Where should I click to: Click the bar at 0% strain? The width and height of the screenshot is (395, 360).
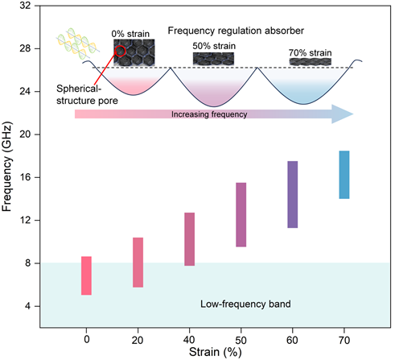pos(86,275)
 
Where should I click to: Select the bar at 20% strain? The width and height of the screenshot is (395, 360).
pos(138,263)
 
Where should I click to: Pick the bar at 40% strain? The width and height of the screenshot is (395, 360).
pos(190,239)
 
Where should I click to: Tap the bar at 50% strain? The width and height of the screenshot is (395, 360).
pos(241,215)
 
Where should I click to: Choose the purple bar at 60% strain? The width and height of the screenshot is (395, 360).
pos(293,195)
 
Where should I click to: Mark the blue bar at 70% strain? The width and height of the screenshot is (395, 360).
pos(344,175)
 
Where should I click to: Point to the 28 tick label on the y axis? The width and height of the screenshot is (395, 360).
pos(25,48)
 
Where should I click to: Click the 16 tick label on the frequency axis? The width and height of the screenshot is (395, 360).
pos(25,177)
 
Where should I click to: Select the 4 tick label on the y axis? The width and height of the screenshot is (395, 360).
pos(28,306)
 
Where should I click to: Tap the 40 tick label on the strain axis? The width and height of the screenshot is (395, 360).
pos(189,340)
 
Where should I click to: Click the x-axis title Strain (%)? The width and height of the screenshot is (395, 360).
pos(216,352)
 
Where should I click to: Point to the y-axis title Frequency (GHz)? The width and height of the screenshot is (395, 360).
pos(7,167)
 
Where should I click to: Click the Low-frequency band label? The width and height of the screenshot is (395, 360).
pos(245,304)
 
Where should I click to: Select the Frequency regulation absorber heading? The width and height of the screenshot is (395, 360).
pos(236,31)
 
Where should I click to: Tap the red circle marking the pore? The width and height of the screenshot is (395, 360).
pos(120,51)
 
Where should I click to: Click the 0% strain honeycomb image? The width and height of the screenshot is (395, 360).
pos(134,52)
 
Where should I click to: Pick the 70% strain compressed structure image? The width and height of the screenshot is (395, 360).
pos(311,62)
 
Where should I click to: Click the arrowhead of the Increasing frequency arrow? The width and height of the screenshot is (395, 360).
pos(343,114)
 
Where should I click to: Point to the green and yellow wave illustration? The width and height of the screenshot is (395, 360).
pos(78,43)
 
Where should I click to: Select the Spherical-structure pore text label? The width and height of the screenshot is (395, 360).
pos(87,94)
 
